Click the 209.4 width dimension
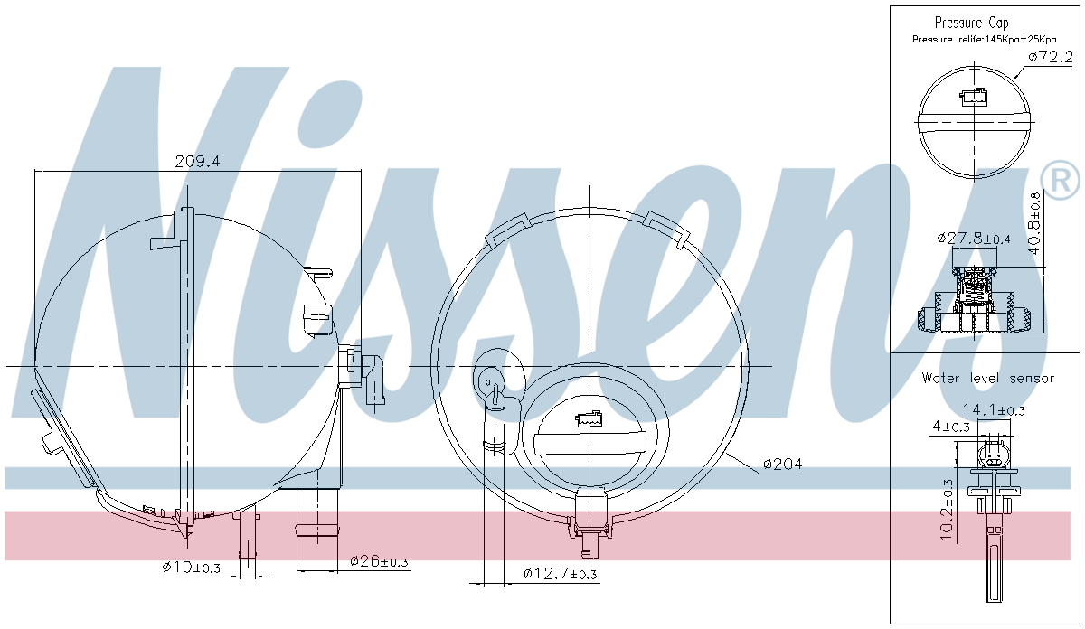(x=197, y=162)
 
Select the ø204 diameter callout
(x=782, y=464)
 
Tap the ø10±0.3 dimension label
(x=193, y=567)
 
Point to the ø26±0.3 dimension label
(x=379, y=561)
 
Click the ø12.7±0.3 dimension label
(x=560, y=574)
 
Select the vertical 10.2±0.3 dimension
(x=947, y=510)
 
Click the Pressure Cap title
(x=971, y=23)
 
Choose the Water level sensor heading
(x=987, y=378)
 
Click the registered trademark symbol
(x=1060, y=179)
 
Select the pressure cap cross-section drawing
(x=973, y=303)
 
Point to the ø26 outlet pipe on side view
(x=318, y=529)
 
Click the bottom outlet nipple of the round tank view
(x=591, y=541)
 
